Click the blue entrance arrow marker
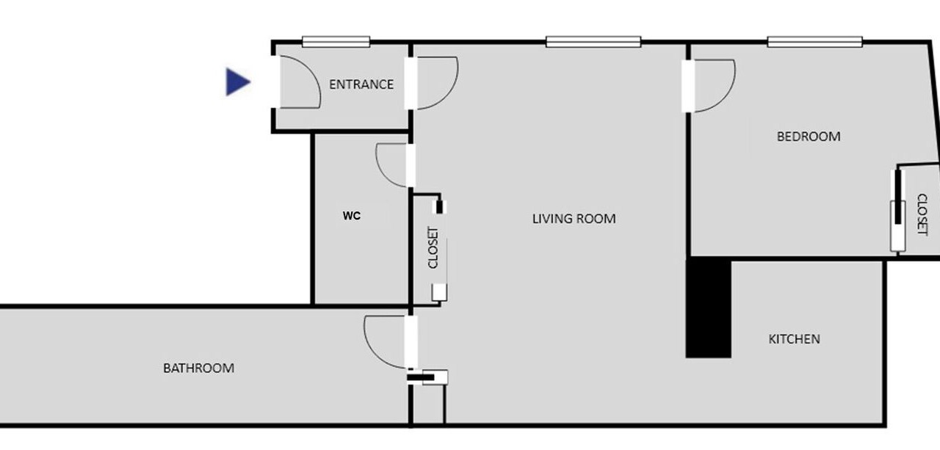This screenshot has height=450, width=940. (x=237, y=81)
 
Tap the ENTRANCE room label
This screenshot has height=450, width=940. (x=361, y=84)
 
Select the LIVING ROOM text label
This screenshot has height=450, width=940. (x=574, y=219)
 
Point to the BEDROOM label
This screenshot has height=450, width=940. (x=809, y=137)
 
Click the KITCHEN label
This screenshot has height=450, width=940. (x=795, y=339)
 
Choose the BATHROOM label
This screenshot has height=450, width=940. (x=199, y=369)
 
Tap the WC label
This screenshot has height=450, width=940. (x=352, y=216)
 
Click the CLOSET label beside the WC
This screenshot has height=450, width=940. (x=433, y=247)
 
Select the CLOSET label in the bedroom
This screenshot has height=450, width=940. (x=922, y=214)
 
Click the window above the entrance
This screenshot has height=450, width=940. (x=336, y=42)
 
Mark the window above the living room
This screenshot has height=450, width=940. (x=593, y=42)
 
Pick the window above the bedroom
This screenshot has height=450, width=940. (x=815, y=42)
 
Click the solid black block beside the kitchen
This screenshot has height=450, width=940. (x=709, y=308)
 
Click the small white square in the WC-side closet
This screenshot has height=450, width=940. (x=439, y=292)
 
